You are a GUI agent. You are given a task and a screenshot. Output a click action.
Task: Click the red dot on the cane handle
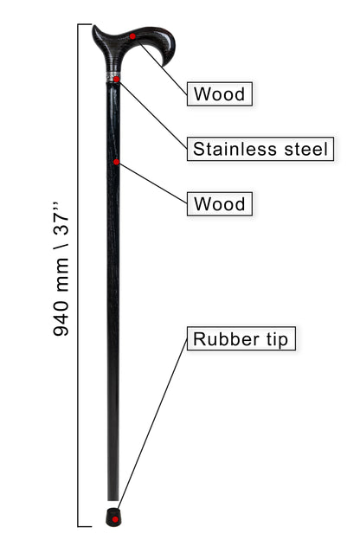[132, 36]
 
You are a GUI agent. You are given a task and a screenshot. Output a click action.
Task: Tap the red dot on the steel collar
[117, 80]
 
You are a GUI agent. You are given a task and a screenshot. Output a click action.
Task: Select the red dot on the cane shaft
[117, 162]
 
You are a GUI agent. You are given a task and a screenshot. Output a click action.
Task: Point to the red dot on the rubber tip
[116, 520]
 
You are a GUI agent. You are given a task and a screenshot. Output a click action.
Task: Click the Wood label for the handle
[220, 94]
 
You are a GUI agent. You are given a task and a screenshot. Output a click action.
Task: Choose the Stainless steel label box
[260, 149]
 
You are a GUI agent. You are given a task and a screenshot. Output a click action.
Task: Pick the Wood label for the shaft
[220, 204]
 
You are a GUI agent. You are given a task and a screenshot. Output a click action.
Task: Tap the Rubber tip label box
[241, 339]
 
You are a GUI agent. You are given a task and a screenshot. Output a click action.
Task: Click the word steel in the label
[306, 149]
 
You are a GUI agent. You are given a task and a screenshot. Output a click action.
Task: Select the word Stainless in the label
[235, 149]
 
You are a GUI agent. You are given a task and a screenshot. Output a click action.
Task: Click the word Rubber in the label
[226, 339]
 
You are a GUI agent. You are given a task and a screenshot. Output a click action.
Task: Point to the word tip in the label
[277, 340]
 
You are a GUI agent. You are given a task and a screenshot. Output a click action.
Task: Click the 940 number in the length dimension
[61, 318]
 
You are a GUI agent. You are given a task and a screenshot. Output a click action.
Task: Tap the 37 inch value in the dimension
[61, 219]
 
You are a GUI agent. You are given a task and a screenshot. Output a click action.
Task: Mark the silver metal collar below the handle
[113, 77]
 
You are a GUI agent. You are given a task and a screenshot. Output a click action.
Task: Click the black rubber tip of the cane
[113, 517]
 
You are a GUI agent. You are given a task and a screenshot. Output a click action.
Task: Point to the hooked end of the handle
[169, 57]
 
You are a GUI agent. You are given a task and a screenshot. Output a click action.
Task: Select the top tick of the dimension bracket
[85, 24]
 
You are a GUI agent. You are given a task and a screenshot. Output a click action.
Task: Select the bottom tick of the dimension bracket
[85, 526]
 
